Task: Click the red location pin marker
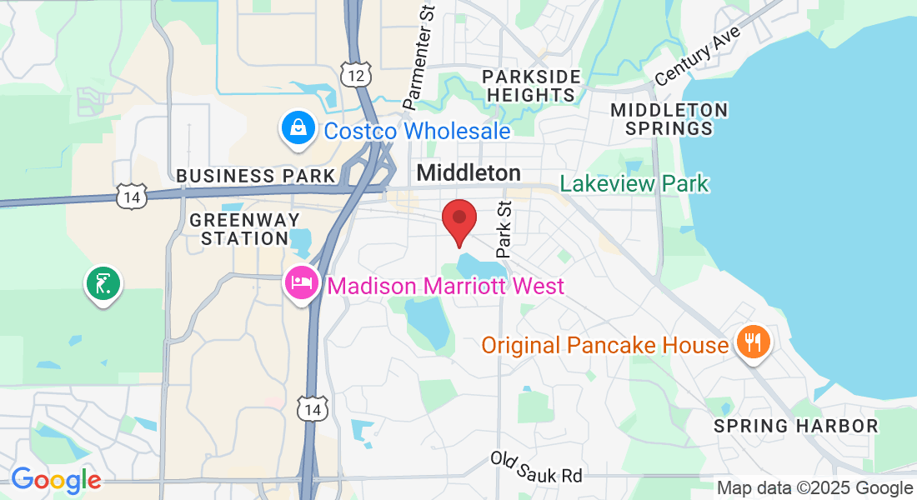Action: [458, 220]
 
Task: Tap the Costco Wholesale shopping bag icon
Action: [297, 129]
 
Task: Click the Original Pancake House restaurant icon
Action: [752, 342]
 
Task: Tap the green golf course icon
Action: [103, 284]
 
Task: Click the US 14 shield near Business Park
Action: [132, 197]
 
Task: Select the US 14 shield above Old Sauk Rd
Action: [313, 408]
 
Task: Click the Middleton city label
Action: [469, 172]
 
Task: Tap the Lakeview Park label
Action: [634, 183]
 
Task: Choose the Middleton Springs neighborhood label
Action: [669, 119]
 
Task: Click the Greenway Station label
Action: [238, 229]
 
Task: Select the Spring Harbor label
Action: [796, 426]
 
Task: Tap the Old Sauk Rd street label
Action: [536, 467]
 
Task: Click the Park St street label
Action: [504, 228]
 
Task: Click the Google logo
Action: [56, 480]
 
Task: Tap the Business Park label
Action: [255, 176]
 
